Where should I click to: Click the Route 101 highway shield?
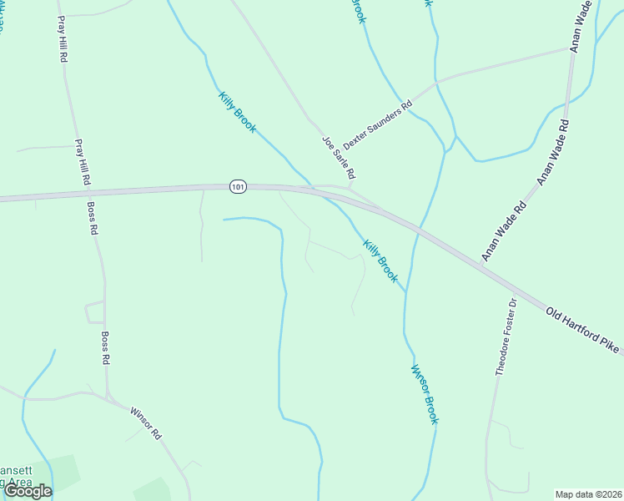[x=239, y=187]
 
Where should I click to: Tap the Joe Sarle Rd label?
[x=340, y=158]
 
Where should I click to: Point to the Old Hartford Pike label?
[x=585, y=331]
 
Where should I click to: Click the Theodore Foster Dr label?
[x=506, y=337]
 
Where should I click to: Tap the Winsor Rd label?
[x=145, y=423]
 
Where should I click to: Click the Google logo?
[x=28, y=491]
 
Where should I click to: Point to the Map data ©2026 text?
[x=588, y=494]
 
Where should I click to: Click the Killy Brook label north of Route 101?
[x=237, y=113]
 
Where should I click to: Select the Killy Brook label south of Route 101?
[x=380, y=261]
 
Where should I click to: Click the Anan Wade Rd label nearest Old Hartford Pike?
[x=504, y=230]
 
